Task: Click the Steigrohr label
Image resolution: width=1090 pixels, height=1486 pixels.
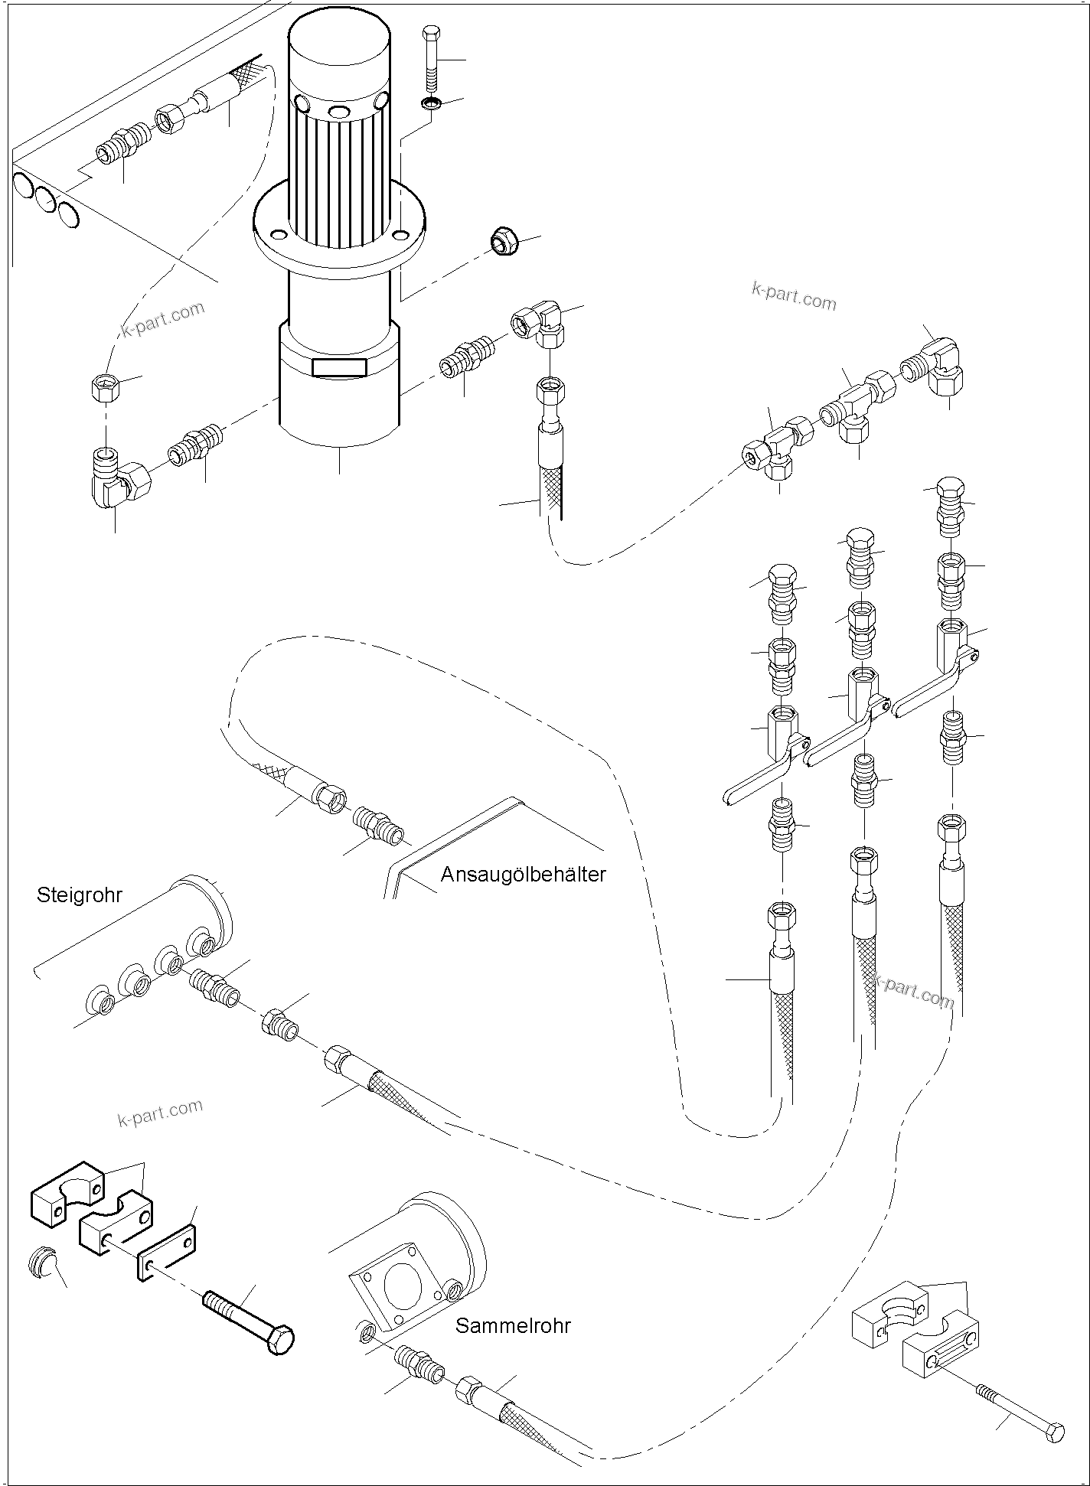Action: [79, 895]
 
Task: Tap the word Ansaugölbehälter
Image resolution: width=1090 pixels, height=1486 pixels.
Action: [523, 874]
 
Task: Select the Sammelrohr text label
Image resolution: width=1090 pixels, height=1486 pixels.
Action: [513, 1325]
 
